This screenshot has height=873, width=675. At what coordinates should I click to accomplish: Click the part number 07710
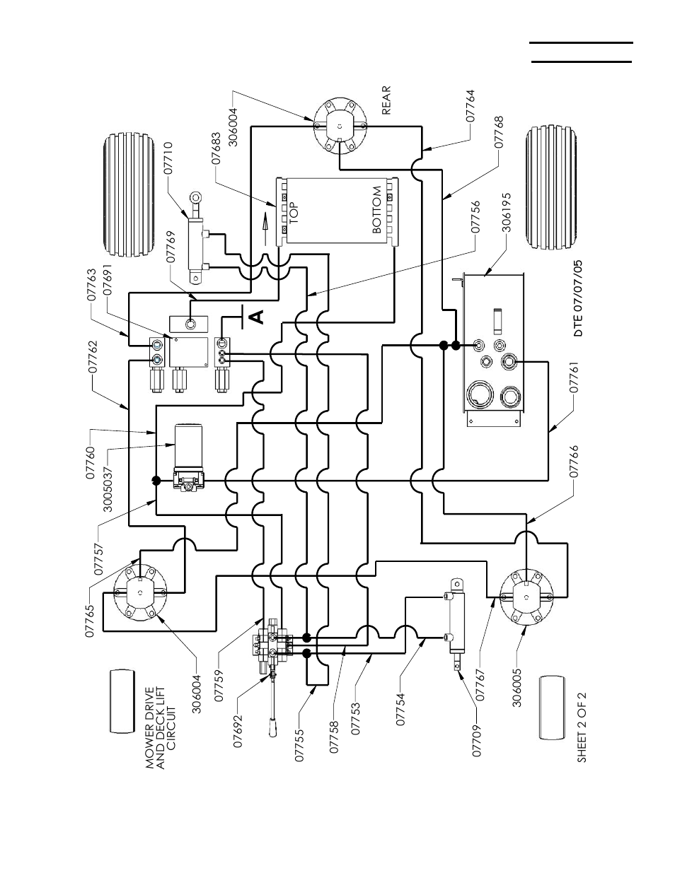tap(168, 158)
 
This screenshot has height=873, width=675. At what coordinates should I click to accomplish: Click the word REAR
tap(386, 100)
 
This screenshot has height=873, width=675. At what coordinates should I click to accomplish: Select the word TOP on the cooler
tap(294, 212)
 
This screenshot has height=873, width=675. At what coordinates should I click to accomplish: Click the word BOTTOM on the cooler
tap(377, 211)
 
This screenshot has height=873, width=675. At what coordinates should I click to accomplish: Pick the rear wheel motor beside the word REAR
tap(340, 126)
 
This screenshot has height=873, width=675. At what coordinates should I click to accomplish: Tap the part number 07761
tap(574, 378)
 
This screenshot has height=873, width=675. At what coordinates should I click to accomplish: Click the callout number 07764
tap(470, 108)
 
